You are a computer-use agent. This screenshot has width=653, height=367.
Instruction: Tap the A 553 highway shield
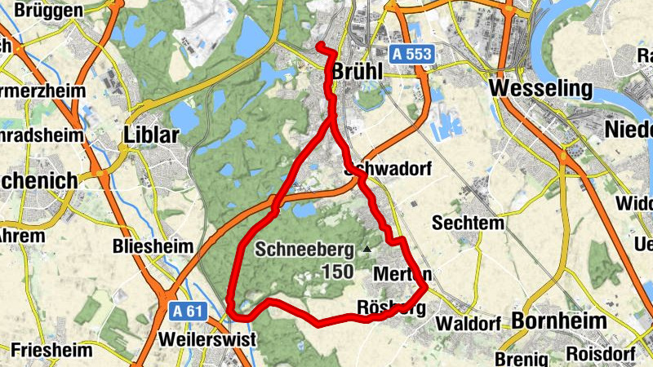411,55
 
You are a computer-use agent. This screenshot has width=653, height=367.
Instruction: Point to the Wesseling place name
540,87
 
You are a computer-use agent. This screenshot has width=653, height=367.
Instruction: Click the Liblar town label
151,135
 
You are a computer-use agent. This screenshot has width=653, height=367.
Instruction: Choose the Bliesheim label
154,246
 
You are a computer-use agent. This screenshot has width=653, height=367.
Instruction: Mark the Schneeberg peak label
304,250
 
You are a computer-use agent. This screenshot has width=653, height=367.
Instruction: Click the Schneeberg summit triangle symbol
367,248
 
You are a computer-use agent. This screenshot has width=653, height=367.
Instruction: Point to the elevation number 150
338,272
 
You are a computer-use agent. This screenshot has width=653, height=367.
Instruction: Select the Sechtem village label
468,223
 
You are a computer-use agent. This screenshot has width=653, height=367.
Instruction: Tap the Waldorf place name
468,323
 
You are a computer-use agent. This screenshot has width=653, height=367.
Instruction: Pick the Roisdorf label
595,356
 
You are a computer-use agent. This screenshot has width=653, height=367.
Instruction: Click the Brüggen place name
43,11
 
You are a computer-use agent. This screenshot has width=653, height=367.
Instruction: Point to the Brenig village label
520,358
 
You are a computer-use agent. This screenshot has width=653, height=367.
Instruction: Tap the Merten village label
402,275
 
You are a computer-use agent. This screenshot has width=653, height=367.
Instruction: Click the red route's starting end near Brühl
321,46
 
